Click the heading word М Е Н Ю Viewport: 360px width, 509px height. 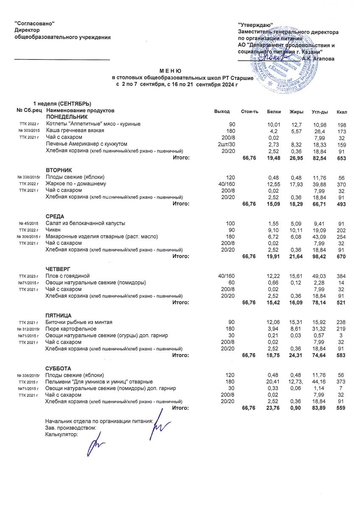tap(170, 71)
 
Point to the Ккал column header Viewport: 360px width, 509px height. tap(342, 112)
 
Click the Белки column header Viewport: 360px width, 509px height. tap(274, 112)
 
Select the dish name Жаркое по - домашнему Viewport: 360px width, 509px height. tap(76, 184)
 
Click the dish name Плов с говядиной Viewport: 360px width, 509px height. tap(68, 276)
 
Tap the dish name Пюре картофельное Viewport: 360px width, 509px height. tap(69, 329)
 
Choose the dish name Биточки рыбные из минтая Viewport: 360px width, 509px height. tap(79, 322)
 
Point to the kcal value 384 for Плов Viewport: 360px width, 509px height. tap(342, 276)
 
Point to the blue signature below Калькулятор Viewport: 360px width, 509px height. tap(98, 446)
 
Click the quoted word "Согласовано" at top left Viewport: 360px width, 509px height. tap(35, 23)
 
